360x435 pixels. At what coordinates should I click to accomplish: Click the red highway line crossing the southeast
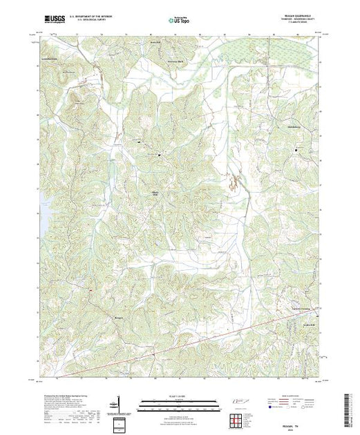point(228,336)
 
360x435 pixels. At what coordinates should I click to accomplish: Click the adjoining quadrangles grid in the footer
point(238,419)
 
